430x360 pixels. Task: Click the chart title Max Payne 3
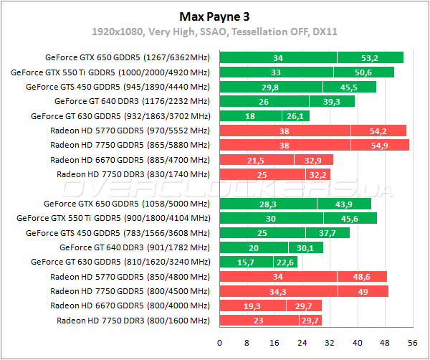[214, 15]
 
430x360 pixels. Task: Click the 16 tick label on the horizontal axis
[275, 341]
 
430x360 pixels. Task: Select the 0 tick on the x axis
[219, 341]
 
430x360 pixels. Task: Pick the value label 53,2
[371, 58]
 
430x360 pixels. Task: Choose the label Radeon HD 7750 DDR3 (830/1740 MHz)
[133, 174]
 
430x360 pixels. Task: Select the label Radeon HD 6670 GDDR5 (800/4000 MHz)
[130, 305]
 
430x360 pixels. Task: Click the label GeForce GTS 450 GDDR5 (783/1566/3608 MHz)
[118, 233]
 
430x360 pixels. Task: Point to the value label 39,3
[331, 102]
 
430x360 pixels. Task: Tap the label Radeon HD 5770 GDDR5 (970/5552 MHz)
[130, 131]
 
